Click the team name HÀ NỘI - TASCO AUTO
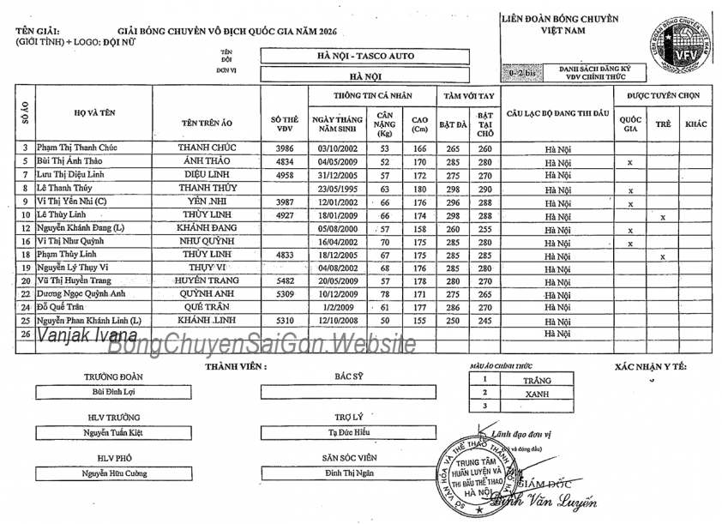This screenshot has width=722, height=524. point(365,56)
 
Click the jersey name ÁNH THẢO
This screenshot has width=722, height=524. point(207,161)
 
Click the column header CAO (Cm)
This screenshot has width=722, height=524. point(419,124)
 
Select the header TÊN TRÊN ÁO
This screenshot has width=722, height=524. point(207,123)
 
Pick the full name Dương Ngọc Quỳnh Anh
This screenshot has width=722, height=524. point(87,292)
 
